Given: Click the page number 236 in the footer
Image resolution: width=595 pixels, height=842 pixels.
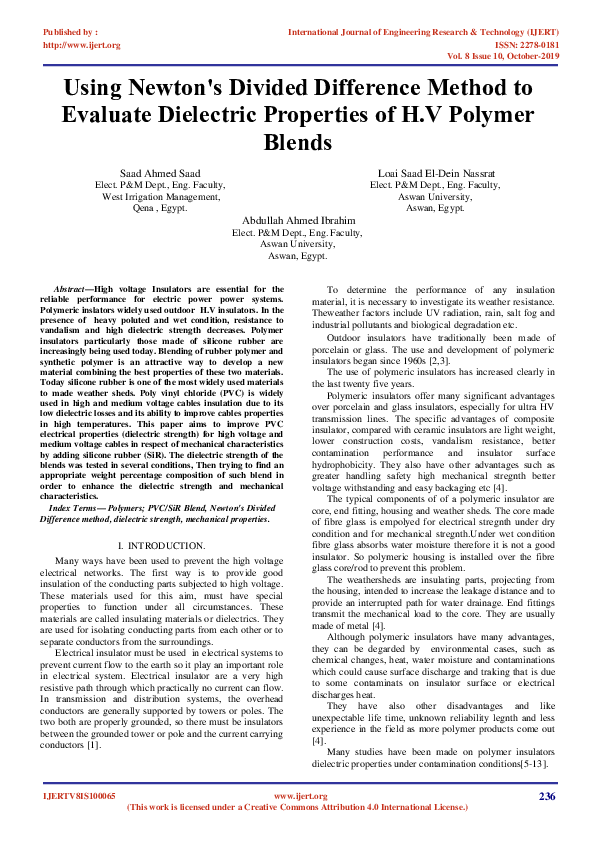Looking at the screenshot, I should (x=546, y=796).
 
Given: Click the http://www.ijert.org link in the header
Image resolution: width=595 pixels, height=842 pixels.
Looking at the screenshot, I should (x=81, y=45).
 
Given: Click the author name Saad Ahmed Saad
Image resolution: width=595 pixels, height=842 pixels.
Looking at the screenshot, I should (x=160, y=174).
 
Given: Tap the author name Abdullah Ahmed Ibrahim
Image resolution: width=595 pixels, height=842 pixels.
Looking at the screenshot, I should (x=297, y=220).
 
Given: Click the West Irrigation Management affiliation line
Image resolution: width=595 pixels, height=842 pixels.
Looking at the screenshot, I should (x=160, y=198).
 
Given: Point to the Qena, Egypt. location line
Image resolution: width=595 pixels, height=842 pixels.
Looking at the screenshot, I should (x=160, y=210).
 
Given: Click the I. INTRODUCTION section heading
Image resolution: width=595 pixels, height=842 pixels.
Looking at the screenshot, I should (x=161, y=546).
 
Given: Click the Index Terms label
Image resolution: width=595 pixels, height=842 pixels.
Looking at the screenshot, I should (x=79, y=509).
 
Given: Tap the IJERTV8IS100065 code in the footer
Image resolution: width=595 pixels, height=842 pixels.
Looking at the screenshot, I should (x=80, y=796).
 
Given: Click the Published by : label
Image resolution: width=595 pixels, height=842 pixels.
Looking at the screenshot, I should (x=71, y=33).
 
